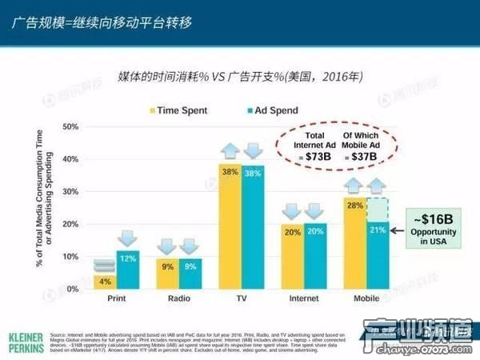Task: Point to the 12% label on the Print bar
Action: coord(127,258)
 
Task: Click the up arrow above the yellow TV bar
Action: coord(230,150)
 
